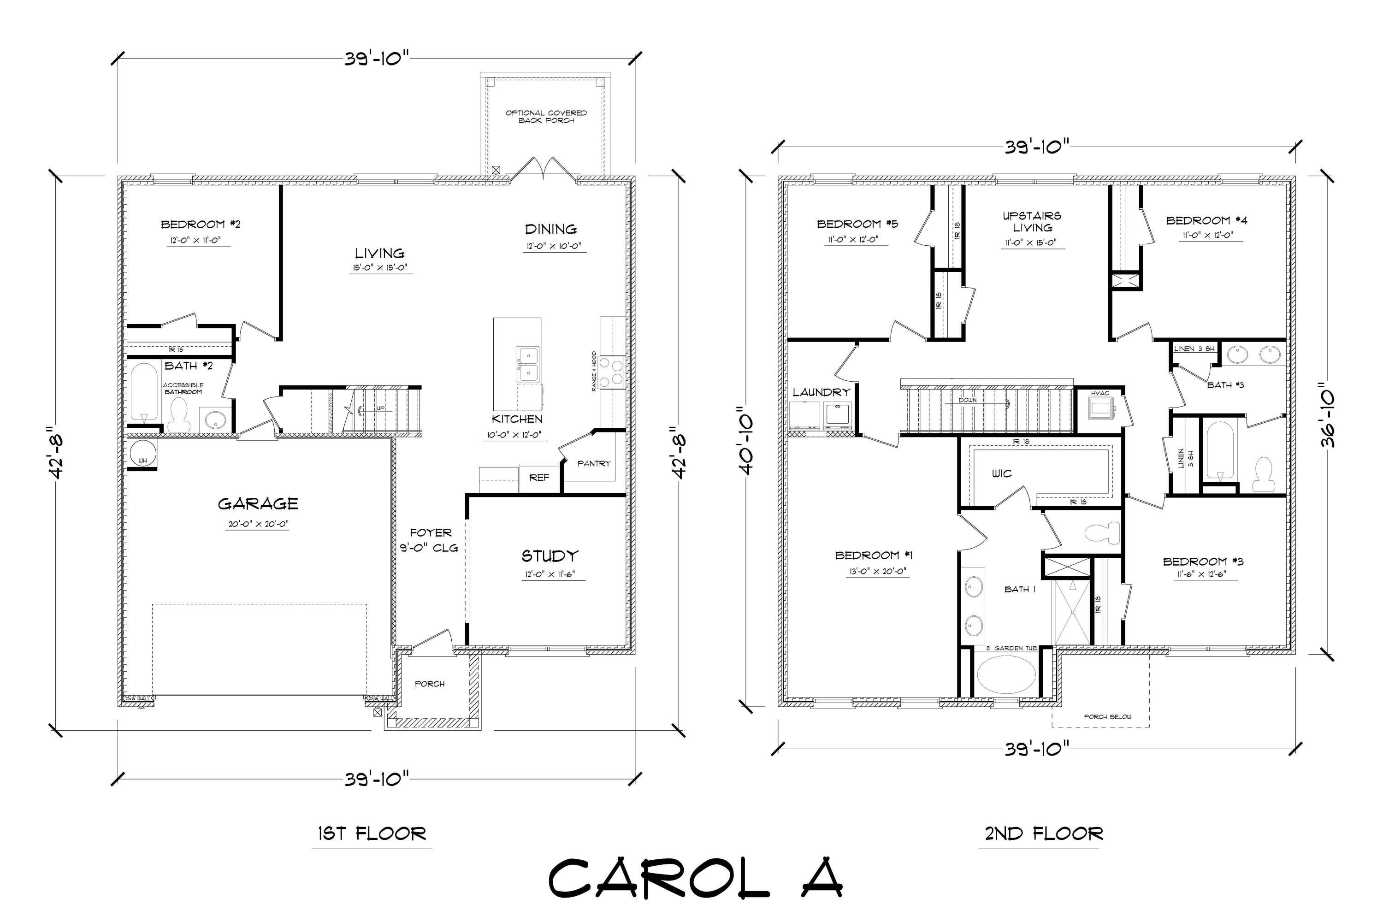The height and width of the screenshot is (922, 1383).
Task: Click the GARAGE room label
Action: coord(258,503)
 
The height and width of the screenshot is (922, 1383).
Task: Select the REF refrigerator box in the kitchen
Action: coord(538,478)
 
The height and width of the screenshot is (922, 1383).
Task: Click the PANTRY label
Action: coord(593,463)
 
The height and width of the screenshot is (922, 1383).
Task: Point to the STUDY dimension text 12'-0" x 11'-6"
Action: coord(552,574)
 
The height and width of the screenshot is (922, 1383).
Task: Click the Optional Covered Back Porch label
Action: coord(546,116)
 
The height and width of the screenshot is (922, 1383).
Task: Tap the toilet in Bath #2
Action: coord(177,414)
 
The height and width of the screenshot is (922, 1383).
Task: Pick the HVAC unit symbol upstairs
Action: coord(1099,408)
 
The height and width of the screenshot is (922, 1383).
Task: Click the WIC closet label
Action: coord(1001,473)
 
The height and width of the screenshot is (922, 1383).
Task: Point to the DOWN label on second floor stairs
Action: coord(967,400)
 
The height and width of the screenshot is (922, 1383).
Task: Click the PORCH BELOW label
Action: coord(1107,717)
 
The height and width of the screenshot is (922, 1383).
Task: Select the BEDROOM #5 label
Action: coord(857,224)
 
